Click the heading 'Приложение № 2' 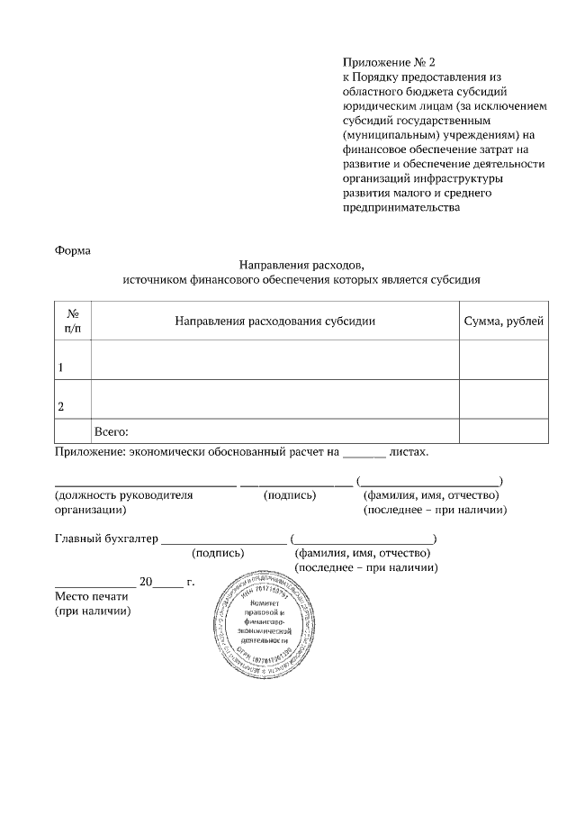pos(388,63)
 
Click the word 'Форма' pos(73,250)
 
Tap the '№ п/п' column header pos(73,321)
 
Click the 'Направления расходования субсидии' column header pos(274,321)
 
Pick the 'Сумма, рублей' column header pos(503,321)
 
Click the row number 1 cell pos(61,367)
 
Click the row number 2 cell pos(61,407)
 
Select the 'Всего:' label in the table pos(112,431)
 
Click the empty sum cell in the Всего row pos(503,431)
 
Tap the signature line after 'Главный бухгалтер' pos(222,540)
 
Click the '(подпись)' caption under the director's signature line pos(290,494)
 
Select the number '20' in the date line pos(146,582)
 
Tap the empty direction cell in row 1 pos(274,360)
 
